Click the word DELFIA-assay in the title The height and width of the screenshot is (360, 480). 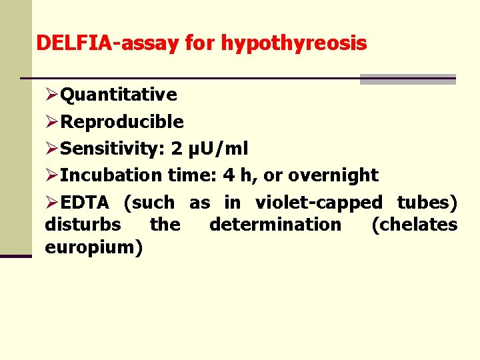(x=107, y=44)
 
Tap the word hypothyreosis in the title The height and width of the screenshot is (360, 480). (x=293, y=44)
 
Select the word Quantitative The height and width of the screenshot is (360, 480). (x=119, y=95)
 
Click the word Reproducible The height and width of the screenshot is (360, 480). (x=122, y=122)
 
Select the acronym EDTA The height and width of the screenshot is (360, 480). (x=85, y=202)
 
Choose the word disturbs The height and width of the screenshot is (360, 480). (x=83, y=225)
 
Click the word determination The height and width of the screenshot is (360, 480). (x=275, y=225)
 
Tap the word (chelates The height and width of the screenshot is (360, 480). (x=414, y=225)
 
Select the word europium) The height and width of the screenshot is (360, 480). (x=93, y=248)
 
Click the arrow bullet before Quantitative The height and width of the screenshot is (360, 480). (x=52, y=95)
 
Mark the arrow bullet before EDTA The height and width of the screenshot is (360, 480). (x=52, y=203)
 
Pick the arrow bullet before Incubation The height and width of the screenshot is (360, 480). (x=52, y=176)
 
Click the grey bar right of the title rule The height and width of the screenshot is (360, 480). (x=407, y=79)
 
